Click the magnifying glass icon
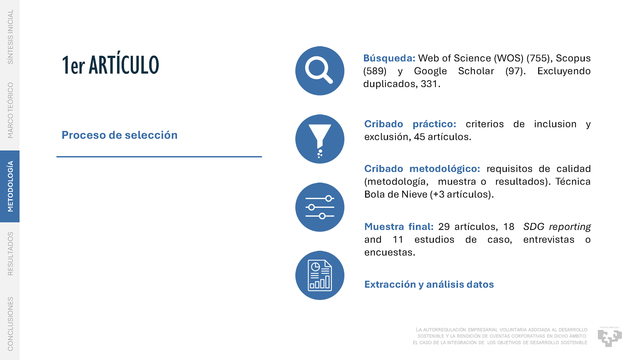pyautogui.click(x=320, y=71)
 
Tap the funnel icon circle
pyautogui.click(x=320, y=139)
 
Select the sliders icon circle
pyautogui.click(x=320, y=207)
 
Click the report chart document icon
pyautogui.click(x=320, y=275)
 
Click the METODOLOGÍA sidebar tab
pyautogui.click(x=10, y=186)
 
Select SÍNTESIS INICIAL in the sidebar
pyautogui.click(x=10, y=37)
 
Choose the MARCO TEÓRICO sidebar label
pyautogui.click(x=10, y=110)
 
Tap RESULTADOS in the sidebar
pyautogui.click(x=10, y=254)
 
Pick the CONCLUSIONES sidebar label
pyautogui.click(x=10, y=324)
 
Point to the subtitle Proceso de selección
pyautogui.click(x=119, y=135)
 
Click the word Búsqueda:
pyautogui.click(x=389, y=58)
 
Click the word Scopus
pyautogui.click(x=573, y=59)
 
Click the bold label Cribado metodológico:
pyautogui.click(x=422, y=169)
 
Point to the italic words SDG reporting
pyautogui.click(x=557, y=227)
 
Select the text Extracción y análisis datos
pyautogui.click(x=429, y=284)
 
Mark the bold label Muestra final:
pyautogui.click(x=399, y=227)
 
